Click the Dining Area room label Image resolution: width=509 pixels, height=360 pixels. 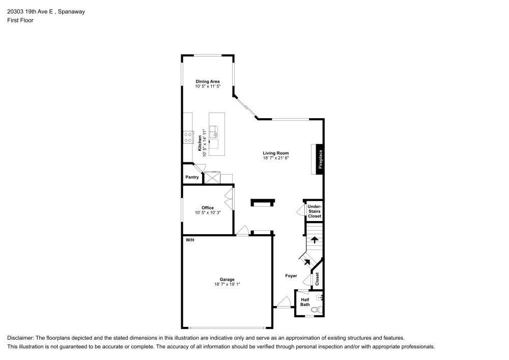tap(208, 81)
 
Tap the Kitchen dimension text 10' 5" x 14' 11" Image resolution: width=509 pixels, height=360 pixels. tap(205, 143)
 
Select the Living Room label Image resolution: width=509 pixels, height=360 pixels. tap(276, 153)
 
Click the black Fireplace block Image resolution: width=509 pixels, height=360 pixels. tap(320, 159)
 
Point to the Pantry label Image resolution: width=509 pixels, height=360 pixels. tap(192, 177)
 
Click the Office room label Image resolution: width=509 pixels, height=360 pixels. tap(208, 208)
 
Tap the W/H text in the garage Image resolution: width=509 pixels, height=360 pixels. tap(189, 239)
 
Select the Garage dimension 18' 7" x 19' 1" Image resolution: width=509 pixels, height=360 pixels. tap(227, 285)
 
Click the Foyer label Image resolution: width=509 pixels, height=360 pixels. tap(291, 275)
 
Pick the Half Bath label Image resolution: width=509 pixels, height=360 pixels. tap(305, 302)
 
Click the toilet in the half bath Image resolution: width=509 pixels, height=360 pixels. tap(316, 310)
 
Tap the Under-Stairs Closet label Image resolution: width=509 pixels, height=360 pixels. tap(315, 211)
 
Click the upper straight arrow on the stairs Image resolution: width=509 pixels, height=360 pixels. tap(315, 239)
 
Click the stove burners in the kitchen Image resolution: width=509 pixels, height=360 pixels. tap(188, 137)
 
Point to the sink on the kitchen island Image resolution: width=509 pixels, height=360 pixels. tap(214, 131)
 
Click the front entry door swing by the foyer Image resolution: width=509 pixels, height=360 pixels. tap(283, 301)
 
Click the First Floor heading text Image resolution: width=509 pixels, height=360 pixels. tap(20, 20)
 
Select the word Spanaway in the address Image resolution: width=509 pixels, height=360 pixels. tap(71, 11)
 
